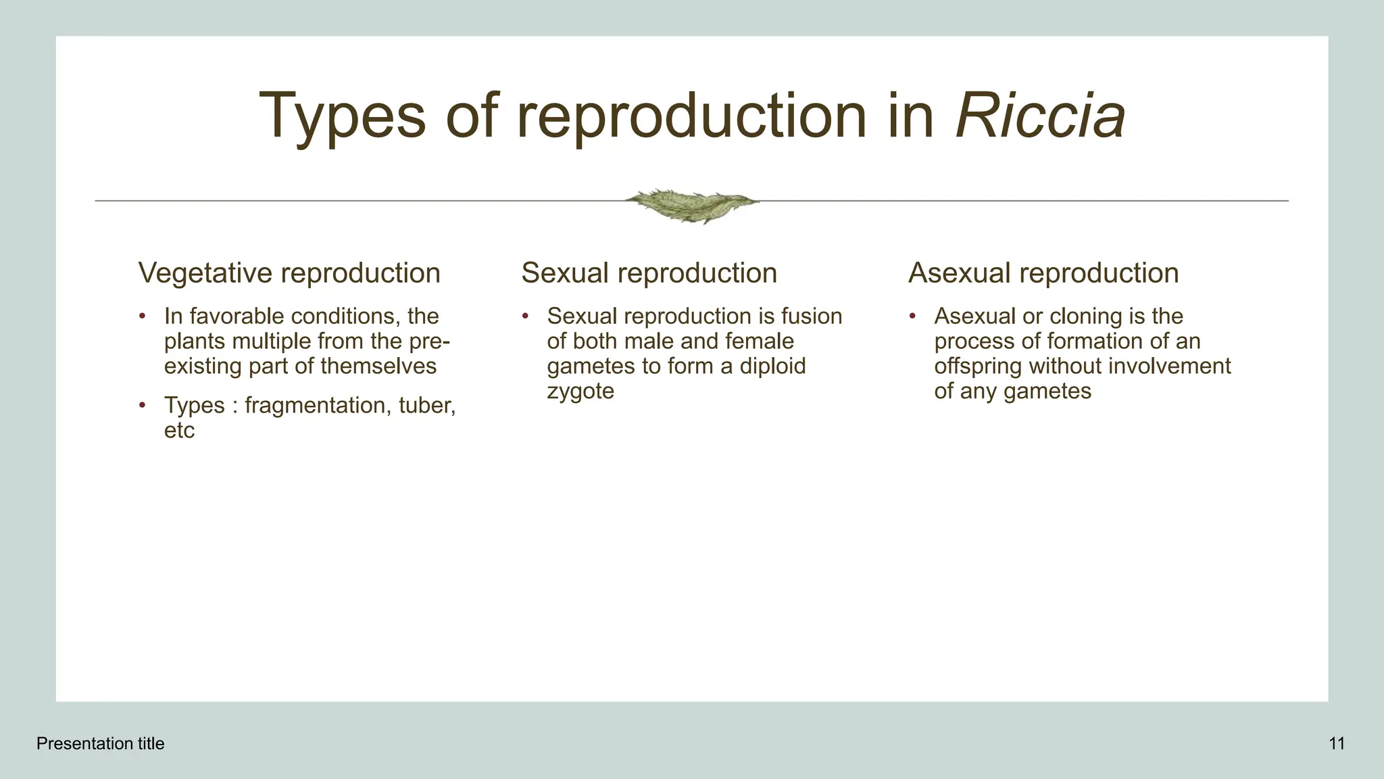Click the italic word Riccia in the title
1040,116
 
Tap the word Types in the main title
342,116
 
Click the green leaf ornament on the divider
691,205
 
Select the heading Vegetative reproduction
289,273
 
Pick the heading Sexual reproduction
649,273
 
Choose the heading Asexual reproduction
1043,273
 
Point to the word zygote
580,391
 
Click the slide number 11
1336,744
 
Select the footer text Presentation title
100,744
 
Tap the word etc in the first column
179,430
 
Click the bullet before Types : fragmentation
142,406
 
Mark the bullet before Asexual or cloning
912,316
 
